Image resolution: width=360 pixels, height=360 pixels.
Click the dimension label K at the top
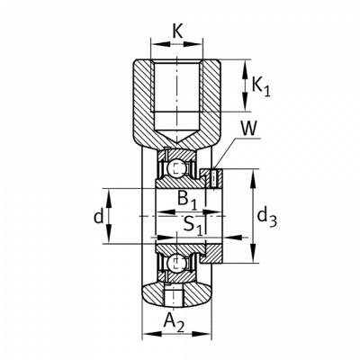(178, 31)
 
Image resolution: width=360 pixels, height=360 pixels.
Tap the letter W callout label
(249, 129)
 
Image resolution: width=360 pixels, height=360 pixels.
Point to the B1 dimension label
(187, 200)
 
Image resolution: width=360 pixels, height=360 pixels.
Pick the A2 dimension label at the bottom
(174, 322)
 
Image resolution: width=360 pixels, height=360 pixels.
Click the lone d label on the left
(98, 217)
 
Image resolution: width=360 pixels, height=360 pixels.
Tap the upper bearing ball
(175, 168)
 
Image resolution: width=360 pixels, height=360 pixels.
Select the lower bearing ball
(175, 264)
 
